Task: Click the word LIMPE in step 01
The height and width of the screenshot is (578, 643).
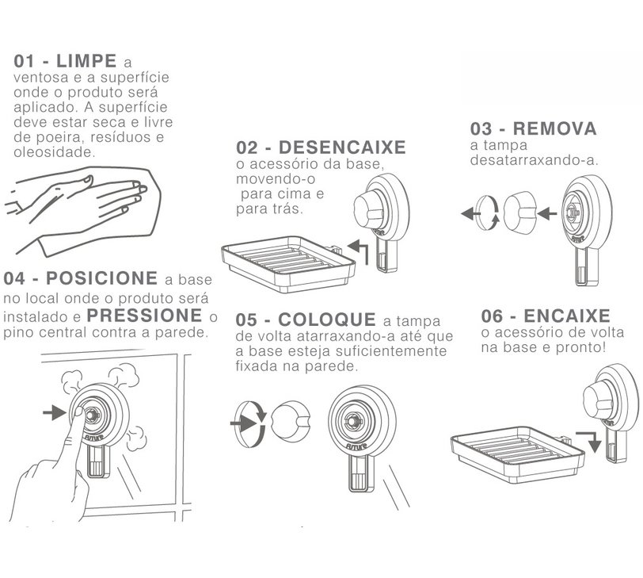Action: tap(86, 61)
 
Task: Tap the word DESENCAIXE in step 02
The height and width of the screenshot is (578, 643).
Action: tap(342, 147)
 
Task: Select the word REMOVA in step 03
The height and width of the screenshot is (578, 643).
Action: tap(555, 128)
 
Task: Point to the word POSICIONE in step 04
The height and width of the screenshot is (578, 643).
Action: tap(101, 278)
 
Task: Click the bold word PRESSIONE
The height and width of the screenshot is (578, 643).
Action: tap(145, 316)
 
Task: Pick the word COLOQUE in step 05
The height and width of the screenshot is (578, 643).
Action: tap(327, 320)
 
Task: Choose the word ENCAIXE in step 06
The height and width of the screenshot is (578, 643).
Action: tap(567, 316)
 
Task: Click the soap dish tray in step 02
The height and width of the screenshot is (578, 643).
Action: tap(288, 263)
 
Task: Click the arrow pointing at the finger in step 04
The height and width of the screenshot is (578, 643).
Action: tap(55, 412)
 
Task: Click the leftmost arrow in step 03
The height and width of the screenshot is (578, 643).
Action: tap(470, 213)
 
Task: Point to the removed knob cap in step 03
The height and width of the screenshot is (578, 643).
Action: tap(520, 212)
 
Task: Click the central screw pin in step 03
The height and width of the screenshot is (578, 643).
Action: tap(570, 212)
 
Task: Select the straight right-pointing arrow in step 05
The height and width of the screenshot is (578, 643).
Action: tap(245, 423)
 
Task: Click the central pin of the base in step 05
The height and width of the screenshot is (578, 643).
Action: tap(352, 421)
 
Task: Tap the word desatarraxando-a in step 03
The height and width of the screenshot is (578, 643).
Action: tap(535, 160)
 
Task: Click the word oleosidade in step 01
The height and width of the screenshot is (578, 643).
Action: tap(54, 152)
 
